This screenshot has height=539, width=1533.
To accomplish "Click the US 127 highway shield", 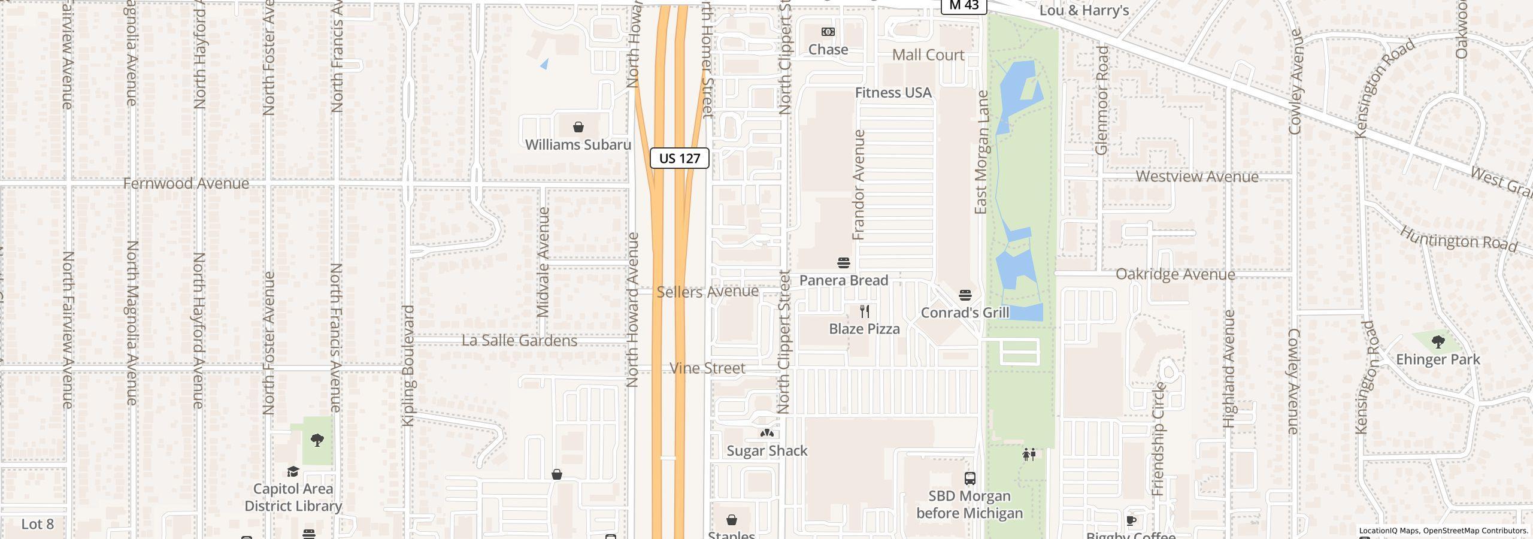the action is pyautogui.click(x=679, y=158).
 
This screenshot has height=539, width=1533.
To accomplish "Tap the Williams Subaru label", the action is pyautogui.click(x=578, y=145).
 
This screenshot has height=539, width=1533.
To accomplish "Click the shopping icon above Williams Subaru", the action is pyautogui.click(x=578, y=127).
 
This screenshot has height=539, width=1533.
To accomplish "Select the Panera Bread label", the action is pyautogui.click(x=843, y=280).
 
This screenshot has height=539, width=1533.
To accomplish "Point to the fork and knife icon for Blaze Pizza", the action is pyautogui.click(x=864, y=311).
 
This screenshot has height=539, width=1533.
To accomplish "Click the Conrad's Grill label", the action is pyautogui.click(x=965, y=313).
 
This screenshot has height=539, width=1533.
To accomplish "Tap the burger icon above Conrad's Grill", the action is pyautogui.click(x=965, y=295).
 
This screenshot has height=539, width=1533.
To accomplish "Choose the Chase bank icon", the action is pyautogui.click(x=828, y=32).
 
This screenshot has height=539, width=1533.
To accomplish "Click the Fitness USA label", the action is pyautogui.click(x=893, y=93).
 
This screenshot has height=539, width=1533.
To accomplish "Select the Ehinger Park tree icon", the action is pyautogui.click(x=1438, y=343).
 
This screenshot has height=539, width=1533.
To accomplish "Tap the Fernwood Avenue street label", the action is pyautogui.click(x=186, y=183).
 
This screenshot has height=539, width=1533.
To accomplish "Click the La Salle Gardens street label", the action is pyautogui.click(x=519, y=341).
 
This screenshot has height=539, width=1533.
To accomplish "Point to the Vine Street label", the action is pyautogui.click(x=707, y=368).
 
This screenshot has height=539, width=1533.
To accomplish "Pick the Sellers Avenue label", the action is pyautogui.click(x=707, y=292).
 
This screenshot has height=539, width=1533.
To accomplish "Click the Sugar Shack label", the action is pyautogui.click(x=767, y=451).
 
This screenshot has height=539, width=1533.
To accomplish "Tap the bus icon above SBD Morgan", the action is pyautogui.click(x=970, y=479).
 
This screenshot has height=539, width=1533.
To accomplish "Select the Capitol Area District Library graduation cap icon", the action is pyautogui.click(x=293, y=472).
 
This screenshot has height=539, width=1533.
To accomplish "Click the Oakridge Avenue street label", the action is pyautogui.click(x=1175, y=274).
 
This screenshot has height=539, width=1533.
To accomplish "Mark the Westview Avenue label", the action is pyautogui.click(x=1197, y=177).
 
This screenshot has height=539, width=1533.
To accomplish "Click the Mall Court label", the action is pyautogui.click(x=928, y=55).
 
